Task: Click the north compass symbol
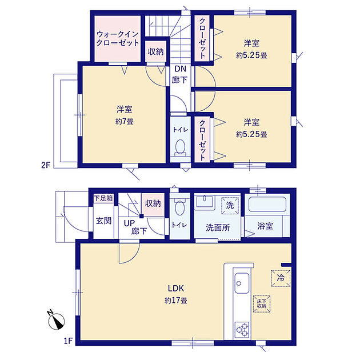[x=56, y=321]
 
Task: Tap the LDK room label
[x=176, y=289]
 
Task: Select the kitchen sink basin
[x=242, y=283]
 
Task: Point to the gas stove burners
[x=242, y=330]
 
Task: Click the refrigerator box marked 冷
[x=281, y=278]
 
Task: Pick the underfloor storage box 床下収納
[x=262, y=304]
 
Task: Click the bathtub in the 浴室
[x=267, y=205]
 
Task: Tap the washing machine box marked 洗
[x=230, y=206]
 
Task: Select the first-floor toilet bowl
[x=179, y=206]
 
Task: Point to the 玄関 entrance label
[x=104, y=221]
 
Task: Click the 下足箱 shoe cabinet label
[x=104, y=198]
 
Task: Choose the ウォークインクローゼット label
[x=118, y=39]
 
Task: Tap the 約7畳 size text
[x=125, y=122]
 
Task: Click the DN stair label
[x=181, y=69]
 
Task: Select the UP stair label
[x=129, y=223]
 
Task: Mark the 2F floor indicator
[x=46, y=165]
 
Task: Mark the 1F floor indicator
[x=68, y=341]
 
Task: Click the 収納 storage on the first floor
[x=153, y=203]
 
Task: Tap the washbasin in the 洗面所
[x=205, y=201]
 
